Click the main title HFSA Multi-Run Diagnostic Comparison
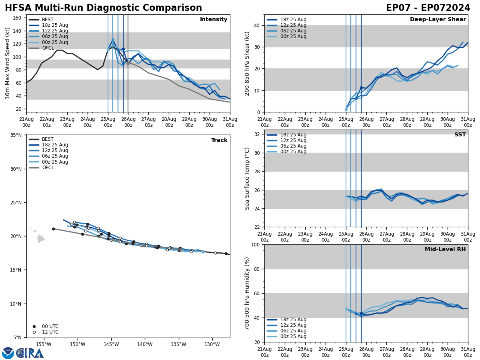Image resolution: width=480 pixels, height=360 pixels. point(103,8)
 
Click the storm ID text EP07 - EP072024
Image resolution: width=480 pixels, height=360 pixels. point(428,8)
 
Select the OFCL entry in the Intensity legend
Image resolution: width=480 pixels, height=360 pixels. point(48,48)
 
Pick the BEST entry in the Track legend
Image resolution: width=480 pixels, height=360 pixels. point(48,139)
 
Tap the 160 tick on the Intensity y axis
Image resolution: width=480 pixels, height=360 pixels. point(18,18)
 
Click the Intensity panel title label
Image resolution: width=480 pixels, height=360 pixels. point(214,20)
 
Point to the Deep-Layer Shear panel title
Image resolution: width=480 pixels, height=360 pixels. point(438,20)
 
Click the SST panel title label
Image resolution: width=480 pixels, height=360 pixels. point(460,135)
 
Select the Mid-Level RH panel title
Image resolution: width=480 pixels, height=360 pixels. point(445,250)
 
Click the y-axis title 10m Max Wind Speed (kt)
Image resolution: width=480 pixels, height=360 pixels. point(8,63)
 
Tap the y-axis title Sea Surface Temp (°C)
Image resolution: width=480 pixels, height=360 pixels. point(247,178)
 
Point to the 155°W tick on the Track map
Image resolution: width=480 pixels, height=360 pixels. point(44,345)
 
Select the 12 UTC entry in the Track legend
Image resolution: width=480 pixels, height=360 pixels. point(50,332)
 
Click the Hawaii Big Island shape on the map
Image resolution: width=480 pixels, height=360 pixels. point(40,239)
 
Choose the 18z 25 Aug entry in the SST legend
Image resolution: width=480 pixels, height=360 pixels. point(293,135)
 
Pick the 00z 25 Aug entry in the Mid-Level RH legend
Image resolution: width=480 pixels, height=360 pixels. point(293,336)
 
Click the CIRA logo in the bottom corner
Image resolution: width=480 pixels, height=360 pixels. point(23,353)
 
